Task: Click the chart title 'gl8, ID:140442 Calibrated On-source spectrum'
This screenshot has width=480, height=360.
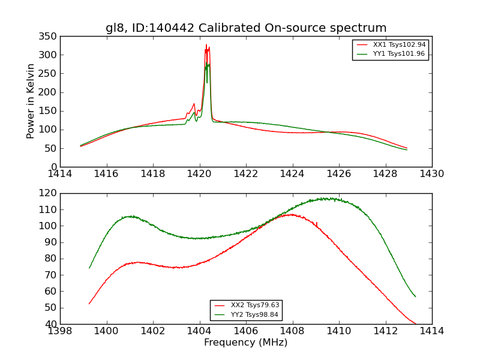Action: tap(246, 28)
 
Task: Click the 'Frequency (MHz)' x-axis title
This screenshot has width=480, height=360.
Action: tap(246, 343)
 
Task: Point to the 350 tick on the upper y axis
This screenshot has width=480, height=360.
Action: tap(50, 37)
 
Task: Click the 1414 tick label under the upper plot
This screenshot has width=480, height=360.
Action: tap(60, 173)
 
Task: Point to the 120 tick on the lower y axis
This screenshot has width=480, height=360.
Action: tap(50, 193)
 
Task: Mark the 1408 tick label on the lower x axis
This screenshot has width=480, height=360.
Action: tap(292, 331)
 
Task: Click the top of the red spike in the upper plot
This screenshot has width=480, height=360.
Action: tap(206, 45)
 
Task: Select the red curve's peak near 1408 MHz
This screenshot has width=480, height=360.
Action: tap(291, 214)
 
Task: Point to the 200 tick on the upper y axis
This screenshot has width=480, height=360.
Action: tap(50, 92)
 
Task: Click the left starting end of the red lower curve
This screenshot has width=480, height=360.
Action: tap(89, 304)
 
